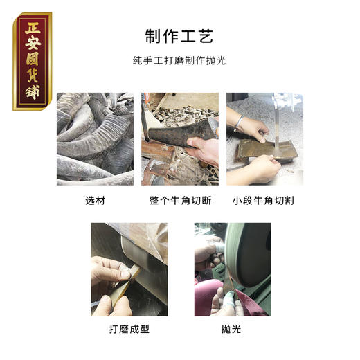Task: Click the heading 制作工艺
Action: tap(179, 35)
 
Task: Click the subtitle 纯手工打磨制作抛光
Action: tap(179, 60)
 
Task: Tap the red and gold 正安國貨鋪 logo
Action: tap(32, 60)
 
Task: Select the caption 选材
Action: tap(94, 201)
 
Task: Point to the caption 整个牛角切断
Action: tap(180, 201)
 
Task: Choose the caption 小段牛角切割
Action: tap(264, 201)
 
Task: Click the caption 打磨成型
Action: tap(128, 329)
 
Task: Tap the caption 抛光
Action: tap(232, 329)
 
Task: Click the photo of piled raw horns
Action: tap(95, 138)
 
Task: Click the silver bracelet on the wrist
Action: tap(239, 124)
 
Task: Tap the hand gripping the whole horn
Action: tap(202, 149)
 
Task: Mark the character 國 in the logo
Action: tap(32, 72)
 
